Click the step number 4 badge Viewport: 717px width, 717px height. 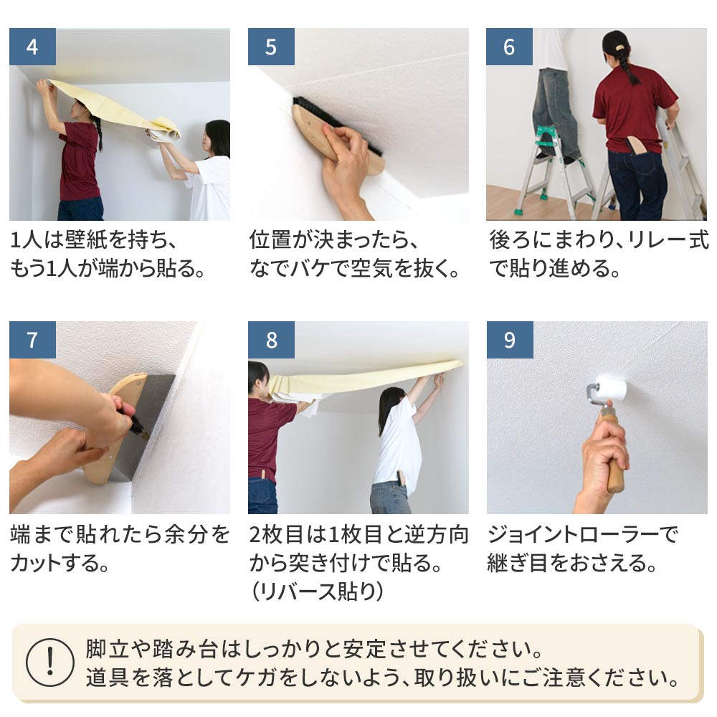(32, 47)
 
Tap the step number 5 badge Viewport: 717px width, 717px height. (271, 47)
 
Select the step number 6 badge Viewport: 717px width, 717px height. (509, 47)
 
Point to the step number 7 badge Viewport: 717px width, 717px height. (32, 340)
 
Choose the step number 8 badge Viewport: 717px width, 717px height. (271, 340)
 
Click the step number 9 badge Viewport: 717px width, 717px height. (509, 340)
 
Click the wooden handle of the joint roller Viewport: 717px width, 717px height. (614, 459)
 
